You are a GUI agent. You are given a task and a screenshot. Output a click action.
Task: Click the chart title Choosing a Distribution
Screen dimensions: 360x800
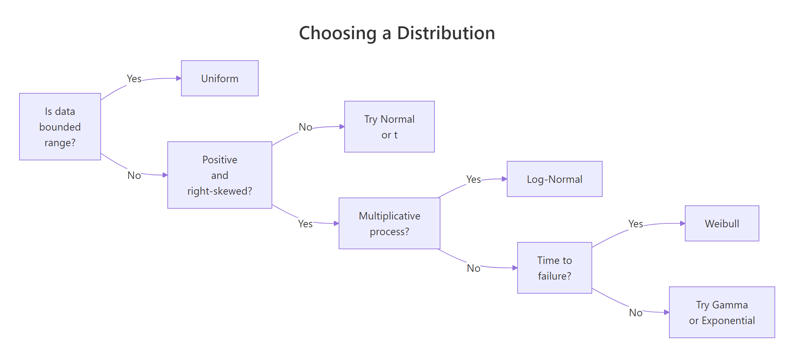(397, 33)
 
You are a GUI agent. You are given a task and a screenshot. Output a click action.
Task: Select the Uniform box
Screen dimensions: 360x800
(220, 78)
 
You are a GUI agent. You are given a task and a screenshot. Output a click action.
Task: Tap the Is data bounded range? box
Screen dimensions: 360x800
(60, 127)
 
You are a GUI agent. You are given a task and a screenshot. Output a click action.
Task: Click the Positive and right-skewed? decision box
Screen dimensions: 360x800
(220, 175)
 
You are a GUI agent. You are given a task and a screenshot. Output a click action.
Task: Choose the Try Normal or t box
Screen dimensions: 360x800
(389, 127)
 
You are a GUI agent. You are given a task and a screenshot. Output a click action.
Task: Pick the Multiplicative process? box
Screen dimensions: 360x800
(389, 223)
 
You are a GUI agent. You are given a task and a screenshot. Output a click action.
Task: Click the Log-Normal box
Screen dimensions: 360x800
(554, 179)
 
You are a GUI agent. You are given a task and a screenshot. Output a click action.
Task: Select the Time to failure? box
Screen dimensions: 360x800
(554, 268)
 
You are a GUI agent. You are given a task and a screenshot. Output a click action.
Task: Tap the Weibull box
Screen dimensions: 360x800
(722, 223)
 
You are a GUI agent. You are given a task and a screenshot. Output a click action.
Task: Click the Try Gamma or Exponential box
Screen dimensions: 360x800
(722, 312)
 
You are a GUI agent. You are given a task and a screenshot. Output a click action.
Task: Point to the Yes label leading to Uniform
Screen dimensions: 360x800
(134, 79)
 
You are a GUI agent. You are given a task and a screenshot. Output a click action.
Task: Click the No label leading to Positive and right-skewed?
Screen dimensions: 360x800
(134, 175)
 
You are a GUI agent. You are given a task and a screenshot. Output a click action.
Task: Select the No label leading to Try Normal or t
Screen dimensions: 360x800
(305, 127)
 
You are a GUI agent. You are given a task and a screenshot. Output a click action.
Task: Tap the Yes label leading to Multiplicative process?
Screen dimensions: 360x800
(305, 224)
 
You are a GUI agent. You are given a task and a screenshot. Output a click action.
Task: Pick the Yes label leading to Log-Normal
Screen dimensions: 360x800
(474, 179)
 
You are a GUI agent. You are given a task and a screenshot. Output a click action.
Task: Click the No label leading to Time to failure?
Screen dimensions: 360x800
(474, 268)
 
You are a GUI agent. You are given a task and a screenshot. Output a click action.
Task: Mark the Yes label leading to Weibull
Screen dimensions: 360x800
(636, 224)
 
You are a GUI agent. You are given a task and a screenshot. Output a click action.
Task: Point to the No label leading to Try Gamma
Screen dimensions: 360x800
(636, 313)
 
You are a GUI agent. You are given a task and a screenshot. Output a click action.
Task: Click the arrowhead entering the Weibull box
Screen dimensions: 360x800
(683, 223)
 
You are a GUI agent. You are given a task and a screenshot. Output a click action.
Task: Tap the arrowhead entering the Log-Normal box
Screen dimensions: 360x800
(504, 179)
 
